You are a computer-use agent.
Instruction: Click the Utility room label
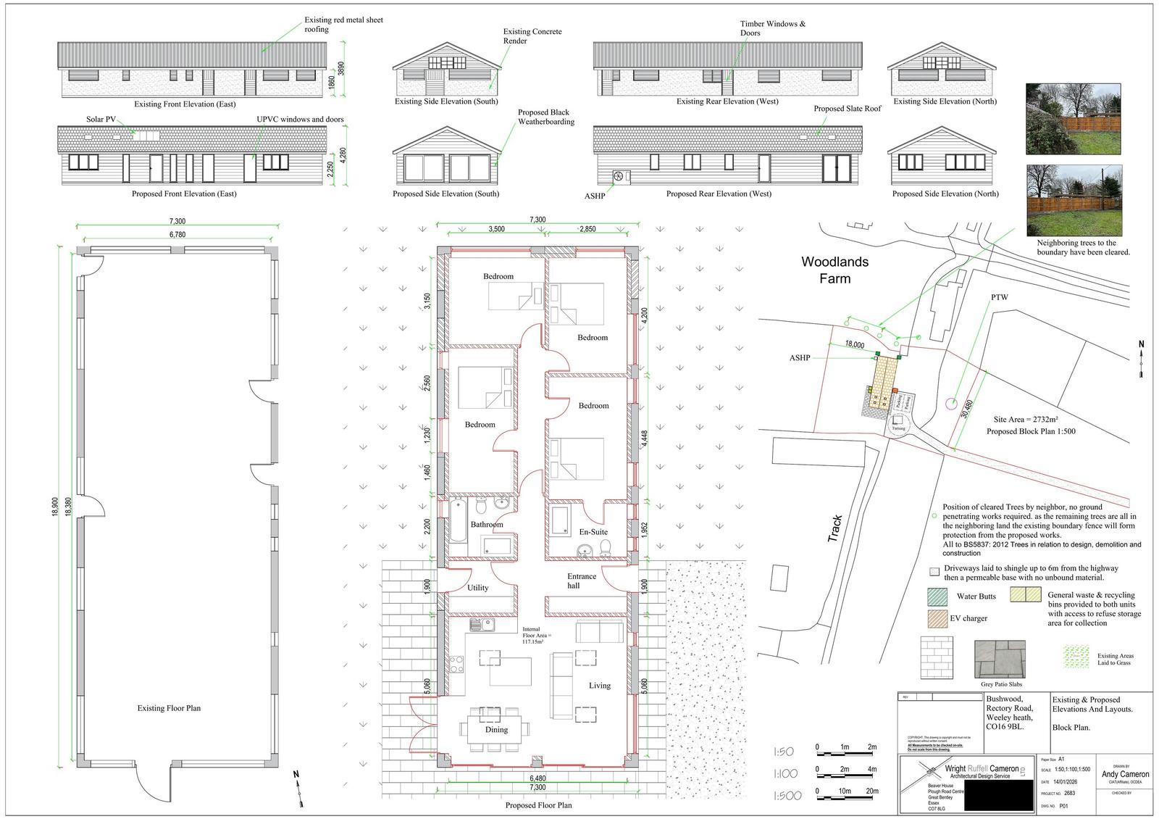478,588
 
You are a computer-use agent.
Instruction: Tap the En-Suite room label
593,532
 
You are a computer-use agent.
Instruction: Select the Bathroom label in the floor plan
486,525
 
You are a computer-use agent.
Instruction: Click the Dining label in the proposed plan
496,730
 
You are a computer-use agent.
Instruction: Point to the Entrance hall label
581,581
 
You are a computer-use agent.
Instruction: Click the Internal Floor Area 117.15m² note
537,636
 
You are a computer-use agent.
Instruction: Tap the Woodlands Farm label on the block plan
834,270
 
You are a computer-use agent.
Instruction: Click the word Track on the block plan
837,529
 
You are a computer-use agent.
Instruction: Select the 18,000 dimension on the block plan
855,345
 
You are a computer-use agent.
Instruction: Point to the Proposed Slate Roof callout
847,109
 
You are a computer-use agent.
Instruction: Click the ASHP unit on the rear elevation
619,176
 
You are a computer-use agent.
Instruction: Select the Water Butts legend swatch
937,596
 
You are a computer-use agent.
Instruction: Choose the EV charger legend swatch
937,618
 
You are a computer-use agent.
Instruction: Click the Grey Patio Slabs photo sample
1001,659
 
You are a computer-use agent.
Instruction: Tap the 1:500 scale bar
846,791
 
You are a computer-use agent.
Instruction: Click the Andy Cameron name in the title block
1124,774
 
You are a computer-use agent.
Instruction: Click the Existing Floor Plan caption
169,708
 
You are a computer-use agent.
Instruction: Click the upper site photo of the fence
1074,119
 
